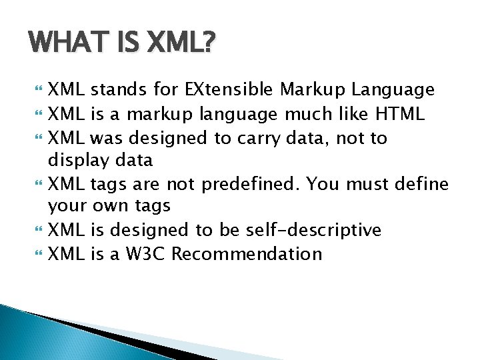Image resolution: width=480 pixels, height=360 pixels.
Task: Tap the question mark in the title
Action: [x=207, y=41]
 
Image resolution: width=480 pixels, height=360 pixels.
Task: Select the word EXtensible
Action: [x=229, y=89]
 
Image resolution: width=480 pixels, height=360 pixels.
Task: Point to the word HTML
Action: [x=400, y=113]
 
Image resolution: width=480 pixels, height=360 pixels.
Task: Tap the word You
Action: [x=323, y=184]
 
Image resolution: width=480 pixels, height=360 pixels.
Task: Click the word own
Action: [x=110, y=206]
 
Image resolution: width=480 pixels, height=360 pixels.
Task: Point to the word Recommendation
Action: [x=247, y=254]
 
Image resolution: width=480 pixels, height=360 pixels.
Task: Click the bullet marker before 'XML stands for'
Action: [x=38, y=89]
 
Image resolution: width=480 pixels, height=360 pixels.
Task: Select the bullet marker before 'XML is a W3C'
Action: [x=38, y=253]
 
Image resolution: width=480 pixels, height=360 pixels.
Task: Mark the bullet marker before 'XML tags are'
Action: [x=38, y=183]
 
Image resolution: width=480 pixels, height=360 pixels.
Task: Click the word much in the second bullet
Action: [x=308, y=113]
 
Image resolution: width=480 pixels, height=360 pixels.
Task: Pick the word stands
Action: [x=119, y=90]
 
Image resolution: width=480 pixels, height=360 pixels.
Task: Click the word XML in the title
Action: [x=181, y=41]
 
